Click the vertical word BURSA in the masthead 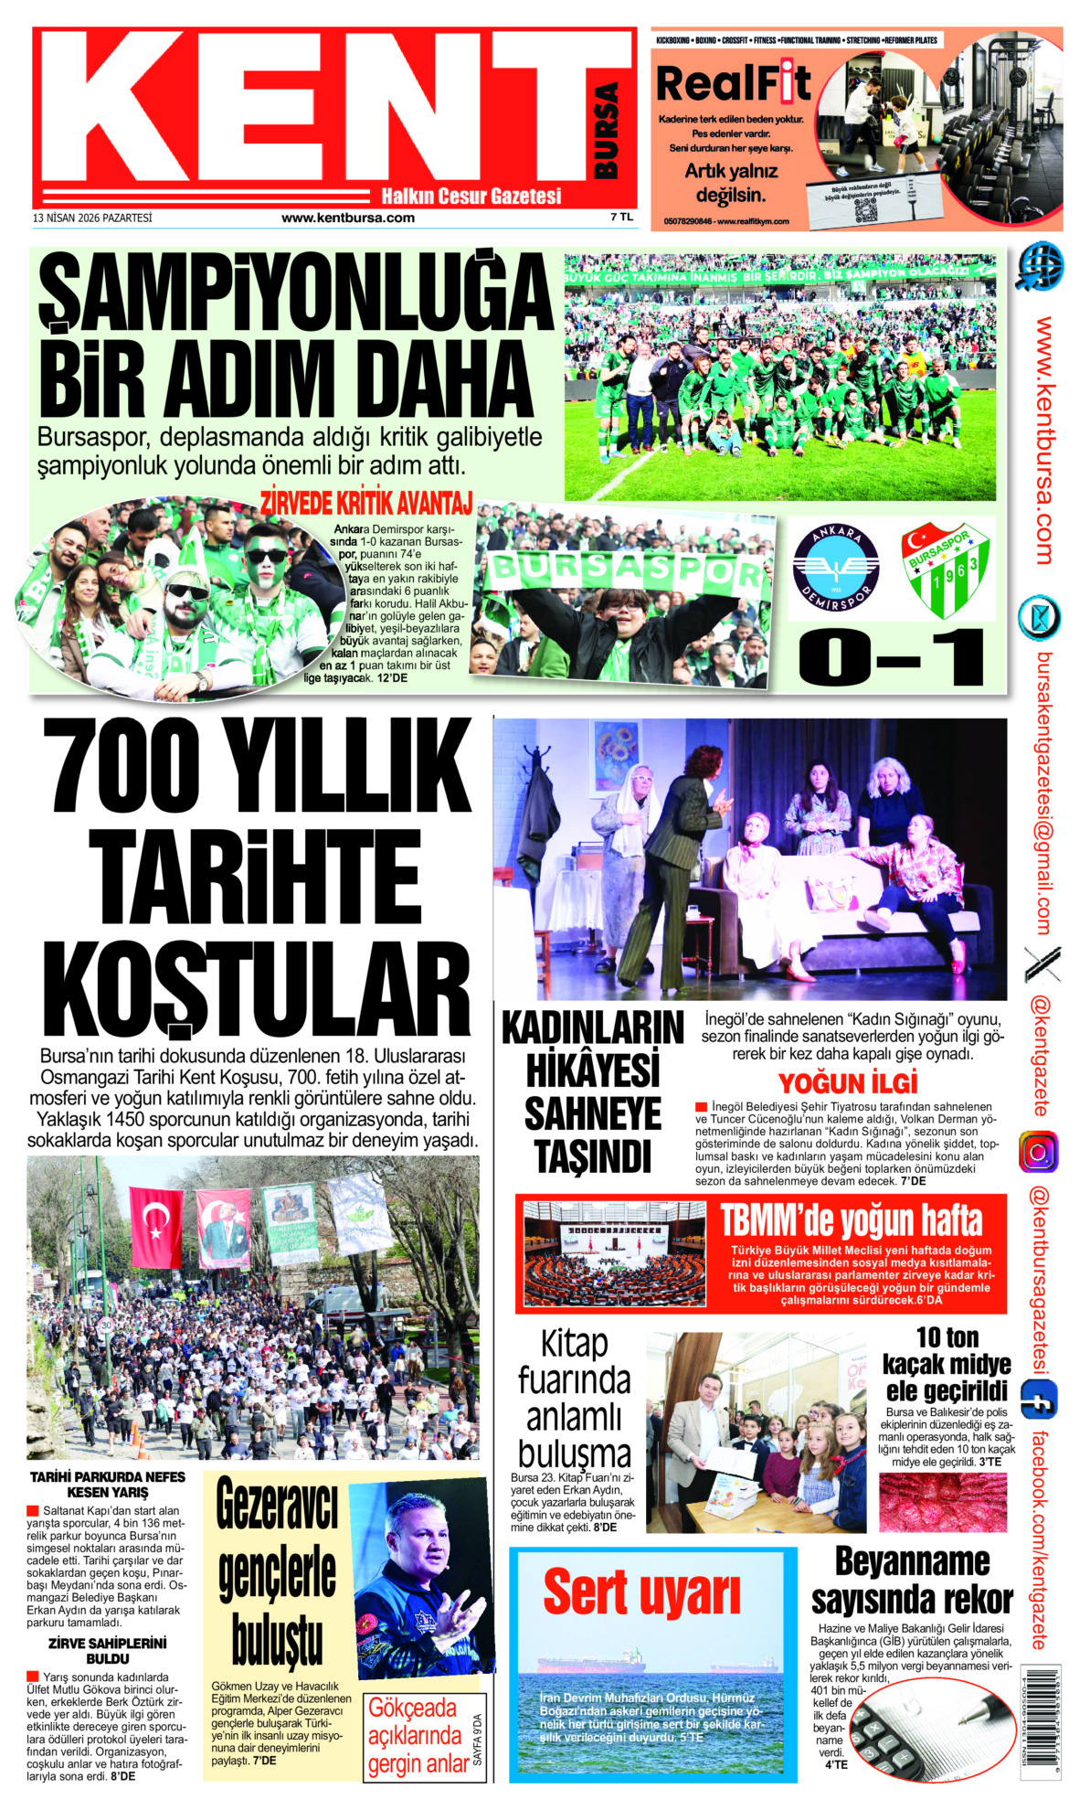click(607, 131)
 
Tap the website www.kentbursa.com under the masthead click(347, 218)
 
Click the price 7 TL click(621, 218)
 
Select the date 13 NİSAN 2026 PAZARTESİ click(92, 218)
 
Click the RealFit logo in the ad click(733, 84)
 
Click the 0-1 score click(891, 656)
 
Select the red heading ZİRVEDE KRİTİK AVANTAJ click(366, 504)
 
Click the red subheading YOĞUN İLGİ click(847, 1083)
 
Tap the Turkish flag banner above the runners click(155, 1227)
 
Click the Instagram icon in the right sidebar click(1038, 1152)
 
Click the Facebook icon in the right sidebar click(1038, 1400)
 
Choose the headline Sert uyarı click(641, 1592)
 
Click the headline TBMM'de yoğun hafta click(851, 1220)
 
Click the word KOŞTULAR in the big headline click(256, 991)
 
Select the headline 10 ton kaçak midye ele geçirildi click(947, 1364)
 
